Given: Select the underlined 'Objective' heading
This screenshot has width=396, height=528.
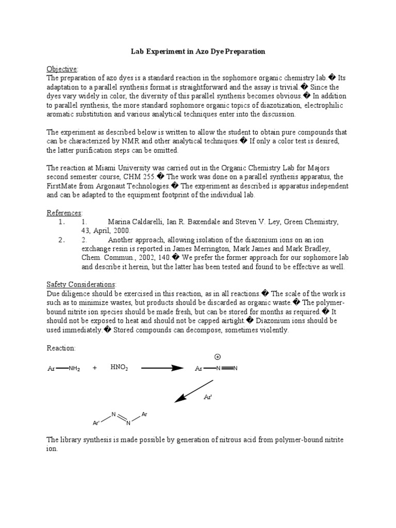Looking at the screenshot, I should pos(62,69).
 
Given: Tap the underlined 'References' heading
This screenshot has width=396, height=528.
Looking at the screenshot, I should pos(64,212).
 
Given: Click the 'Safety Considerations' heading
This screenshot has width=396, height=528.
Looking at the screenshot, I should pos(81,285).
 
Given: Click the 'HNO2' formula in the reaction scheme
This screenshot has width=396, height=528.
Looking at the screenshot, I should pos(119,367).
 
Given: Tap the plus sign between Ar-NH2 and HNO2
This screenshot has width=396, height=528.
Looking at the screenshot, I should pos(95,368).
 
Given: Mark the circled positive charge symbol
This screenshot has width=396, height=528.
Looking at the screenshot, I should pos(217,357).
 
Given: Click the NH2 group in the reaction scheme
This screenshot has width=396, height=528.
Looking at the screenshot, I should pos(74,368).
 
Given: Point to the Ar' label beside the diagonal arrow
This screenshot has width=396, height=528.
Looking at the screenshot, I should pos(208,397).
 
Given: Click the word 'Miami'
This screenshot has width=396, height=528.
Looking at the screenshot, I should pos(107,167).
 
